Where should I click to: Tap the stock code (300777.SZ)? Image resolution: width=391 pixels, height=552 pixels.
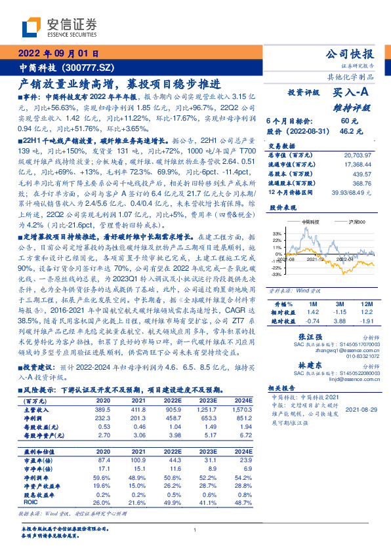click(x=91, y=67)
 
